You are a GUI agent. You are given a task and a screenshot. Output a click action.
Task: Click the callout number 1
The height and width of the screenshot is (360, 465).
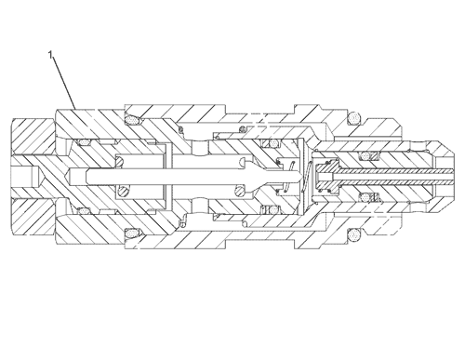point(50,55)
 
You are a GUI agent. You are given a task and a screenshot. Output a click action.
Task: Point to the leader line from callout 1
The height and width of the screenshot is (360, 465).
point(64,83)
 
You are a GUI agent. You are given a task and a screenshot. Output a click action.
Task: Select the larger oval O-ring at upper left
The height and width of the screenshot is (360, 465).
point(132,120)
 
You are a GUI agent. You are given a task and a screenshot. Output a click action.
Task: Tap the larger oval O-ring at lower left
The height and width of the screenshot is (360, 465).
point(132,233)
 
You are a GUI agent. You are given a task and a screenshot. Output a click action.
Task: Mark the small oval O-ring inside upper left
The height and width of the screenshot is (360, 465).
point(84,142)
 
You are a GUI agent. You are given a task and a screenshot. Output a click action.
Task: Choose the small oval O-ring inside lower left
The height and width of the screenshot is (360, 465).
point(83,211)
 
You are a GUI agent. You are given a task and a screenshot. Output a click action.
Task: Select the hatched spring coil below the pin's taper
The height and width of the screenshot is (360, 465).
point(240,191)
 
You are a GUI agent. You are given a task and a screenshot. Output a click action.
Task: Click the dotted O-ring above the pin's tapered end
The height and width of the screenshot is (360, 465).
point(273,143)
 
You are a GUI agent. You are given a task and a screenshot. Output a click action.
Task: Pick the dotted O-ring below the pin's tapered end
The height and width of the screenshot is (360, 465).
point(273,210)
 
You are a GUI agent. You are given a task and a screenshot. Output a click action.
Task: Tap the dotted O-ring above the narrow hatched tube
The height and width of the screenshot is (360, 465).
point(365,155)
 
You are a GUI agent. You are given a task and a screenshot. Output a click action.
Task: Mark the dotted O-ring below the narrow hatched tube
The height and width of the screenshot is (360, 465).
point(365,197)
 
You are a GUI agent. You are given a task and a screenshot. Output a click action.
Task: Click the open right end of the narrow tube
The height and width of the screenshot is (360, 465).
point(453,176)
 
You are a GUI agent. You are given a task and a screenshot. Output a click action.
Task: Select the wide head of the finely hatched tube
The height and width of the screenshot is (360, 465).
point(328,177)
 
